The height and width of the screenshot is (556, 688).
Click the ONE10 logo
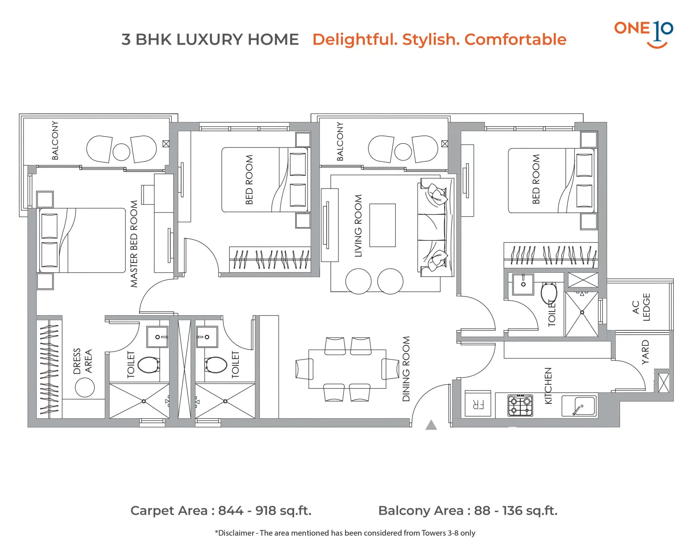643,34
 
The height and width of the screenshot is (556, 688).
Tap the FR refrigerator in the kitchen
478,403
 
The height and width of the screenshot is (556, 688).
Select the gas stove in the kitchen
520,405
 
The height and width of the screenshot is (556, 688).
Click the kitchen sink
579,406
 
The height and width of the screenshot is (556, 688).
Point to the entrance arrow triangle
431,425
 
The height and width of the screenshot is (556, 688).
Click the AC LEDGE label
641,307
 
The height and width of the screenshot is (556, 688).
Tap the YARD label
645,352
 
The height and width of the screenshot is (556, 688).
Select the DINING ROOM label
406,369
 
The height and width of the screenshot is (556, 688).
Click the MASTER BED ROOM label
134,244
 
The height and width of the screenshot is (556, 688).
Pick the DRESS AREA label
82,361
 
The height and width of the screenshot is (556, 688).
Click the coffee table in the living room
383,225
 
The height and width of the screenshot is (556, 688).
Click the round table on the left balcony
121,152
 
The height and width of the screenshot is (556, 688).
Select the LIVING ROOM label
358,226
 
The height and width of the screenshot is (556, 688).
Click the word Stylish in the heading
431,40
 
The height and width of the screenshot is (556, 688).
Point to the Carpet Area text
221,511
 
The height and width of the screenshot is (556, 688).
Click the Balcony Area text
468,511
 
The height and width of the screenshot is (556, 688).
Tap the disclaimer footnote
345,533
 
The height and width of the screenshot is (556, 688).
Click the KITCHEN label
549,386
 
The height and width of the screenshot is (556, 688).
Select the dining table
347,369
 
